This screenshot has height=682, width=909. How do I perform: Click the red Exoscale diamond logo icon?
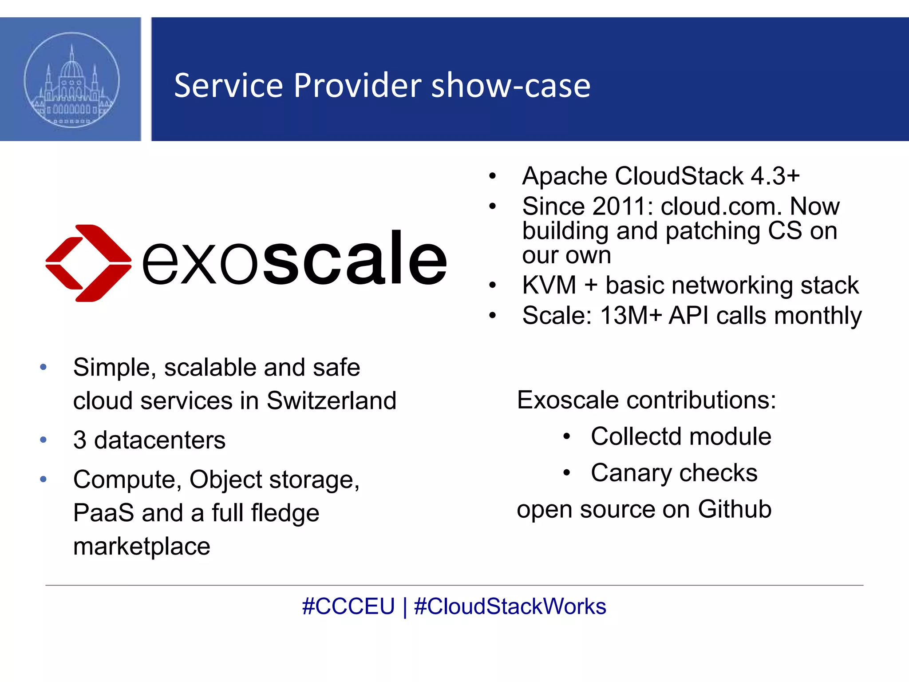pos(88,263)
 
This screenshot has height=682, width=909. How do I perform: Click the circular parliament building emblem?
pos(71,80)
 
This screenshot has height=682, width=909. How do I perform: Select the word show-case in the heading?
pos(510,85)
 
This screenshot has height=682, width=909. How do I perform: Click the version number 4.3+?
pos(775,176)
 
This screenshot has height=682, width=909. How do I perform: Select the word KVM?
pos(549,285)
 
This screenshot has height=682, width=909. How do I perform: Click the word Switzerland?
pos(331,400)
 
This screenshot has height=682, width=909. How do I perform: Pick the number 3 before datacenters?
pos(80,440)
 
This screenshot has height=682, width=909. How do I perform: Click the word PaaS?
pos(103,513)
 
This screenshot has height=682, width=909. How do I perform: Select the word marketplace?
pos(142,546)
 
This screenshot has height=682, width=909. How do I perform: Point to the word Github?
pos(735,509)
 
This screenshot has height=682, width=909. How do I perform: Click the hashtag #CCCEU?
pos(348,607)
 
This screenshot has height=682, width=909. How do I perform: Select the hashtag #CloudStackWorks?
pos(510,607)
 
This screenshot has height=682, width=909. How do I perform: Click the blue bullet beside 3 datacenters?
pos(43,440)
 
